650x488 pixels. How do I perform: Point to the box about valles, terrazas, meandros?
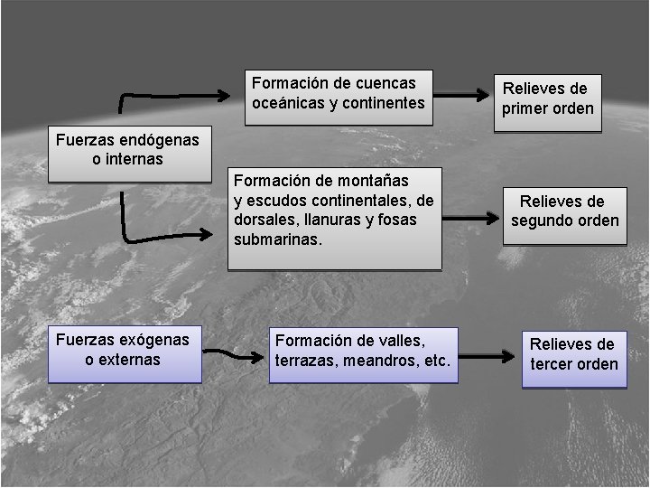tap(364, 354)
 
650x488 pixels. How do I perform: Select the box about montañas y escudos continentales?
tap(334, 218)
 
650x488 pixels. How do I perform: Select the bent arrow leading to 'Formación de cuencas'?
tap(172, 93)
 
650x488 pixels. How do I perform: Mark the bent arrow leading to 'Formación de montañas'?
tap(167, 237)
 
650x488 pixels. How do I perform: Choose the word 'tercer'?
tap(552, 364)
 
